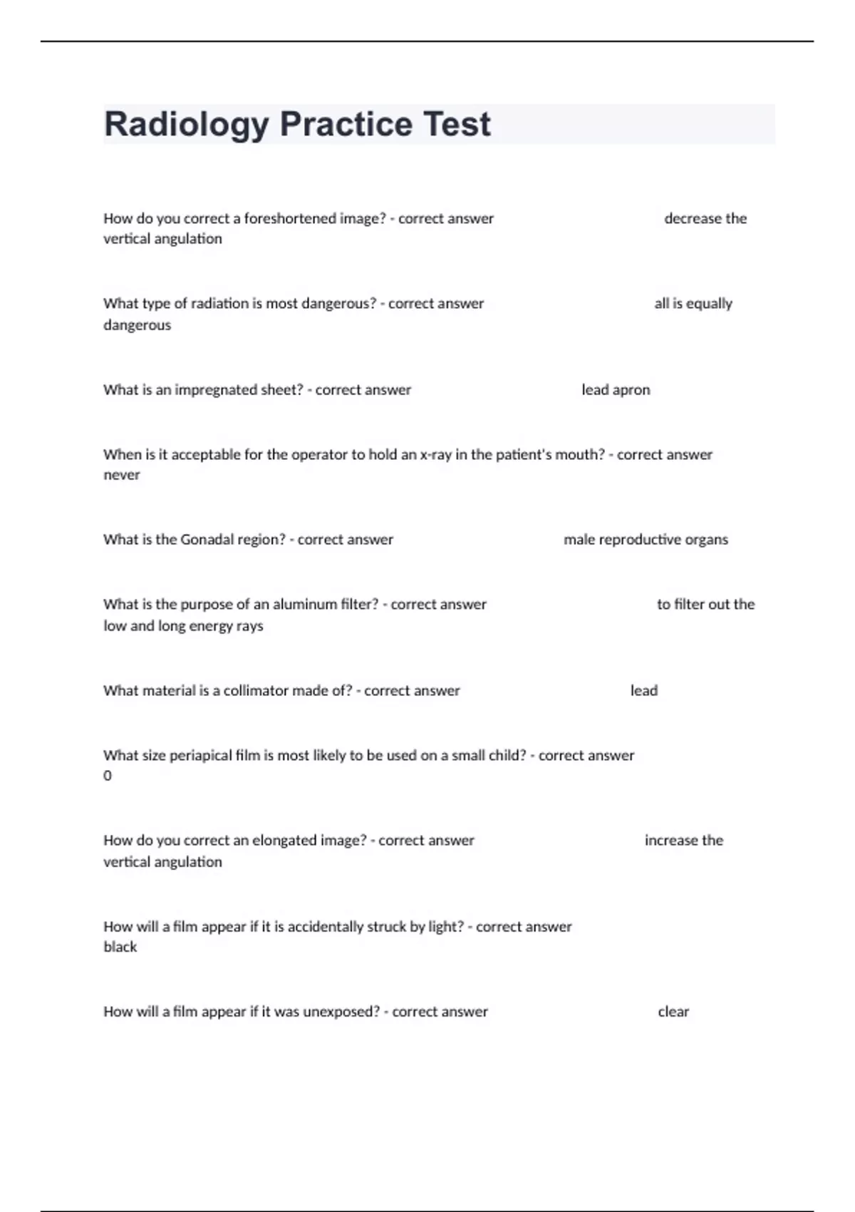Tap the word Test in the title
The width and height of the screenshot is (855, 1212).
point(457,124)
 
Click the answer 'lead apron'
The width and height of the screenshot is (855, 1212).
point(616,390)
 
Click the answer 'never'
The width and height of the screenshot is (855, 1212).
point(122,476)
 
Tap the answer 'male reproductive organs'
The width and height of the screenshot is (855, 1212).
point(646,540)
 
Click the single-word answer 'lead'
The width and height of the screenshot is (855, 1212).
point(643,691)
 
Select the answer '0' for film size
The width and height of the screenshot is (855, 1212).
point(108,776)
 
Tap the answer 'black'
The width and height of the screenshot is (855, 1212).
point(120,947)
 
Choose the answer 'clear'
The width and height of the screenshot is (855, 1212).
point(673,1012)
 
